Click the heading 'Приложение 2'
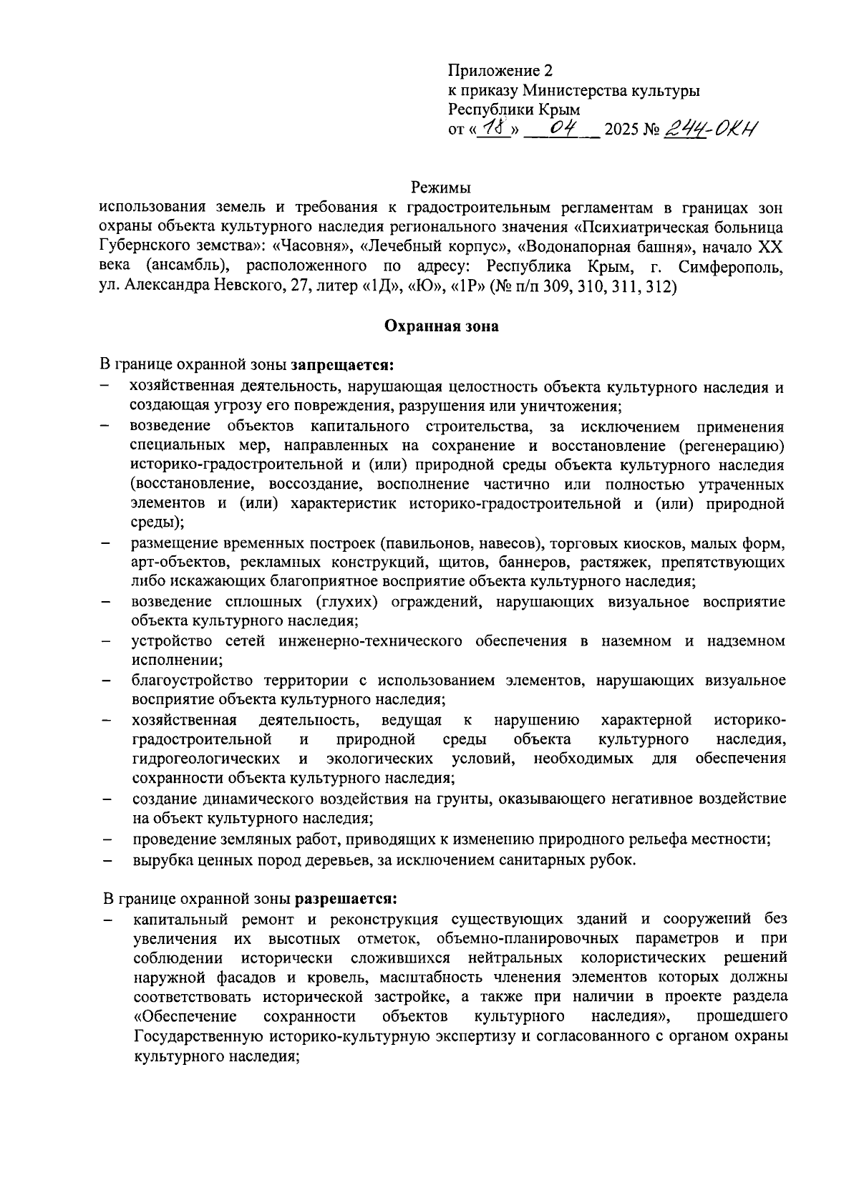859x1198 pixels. (x=500, y=71)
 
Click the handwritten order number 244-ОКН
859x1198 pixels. (x=712, y=129)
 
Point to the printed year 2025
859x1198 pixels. (x=623, y=131)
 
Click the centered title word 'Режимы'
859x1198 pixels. (x=441, y=189)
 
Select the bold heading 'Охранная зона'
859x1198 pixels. (x=442, y=326)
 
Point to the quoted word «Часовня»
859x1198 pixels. (x=304, y=248)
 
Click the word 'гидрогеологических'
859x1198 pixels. (x=206, y=758)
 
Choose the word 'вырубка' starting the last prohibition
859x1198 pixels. (x=158, y=859)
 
